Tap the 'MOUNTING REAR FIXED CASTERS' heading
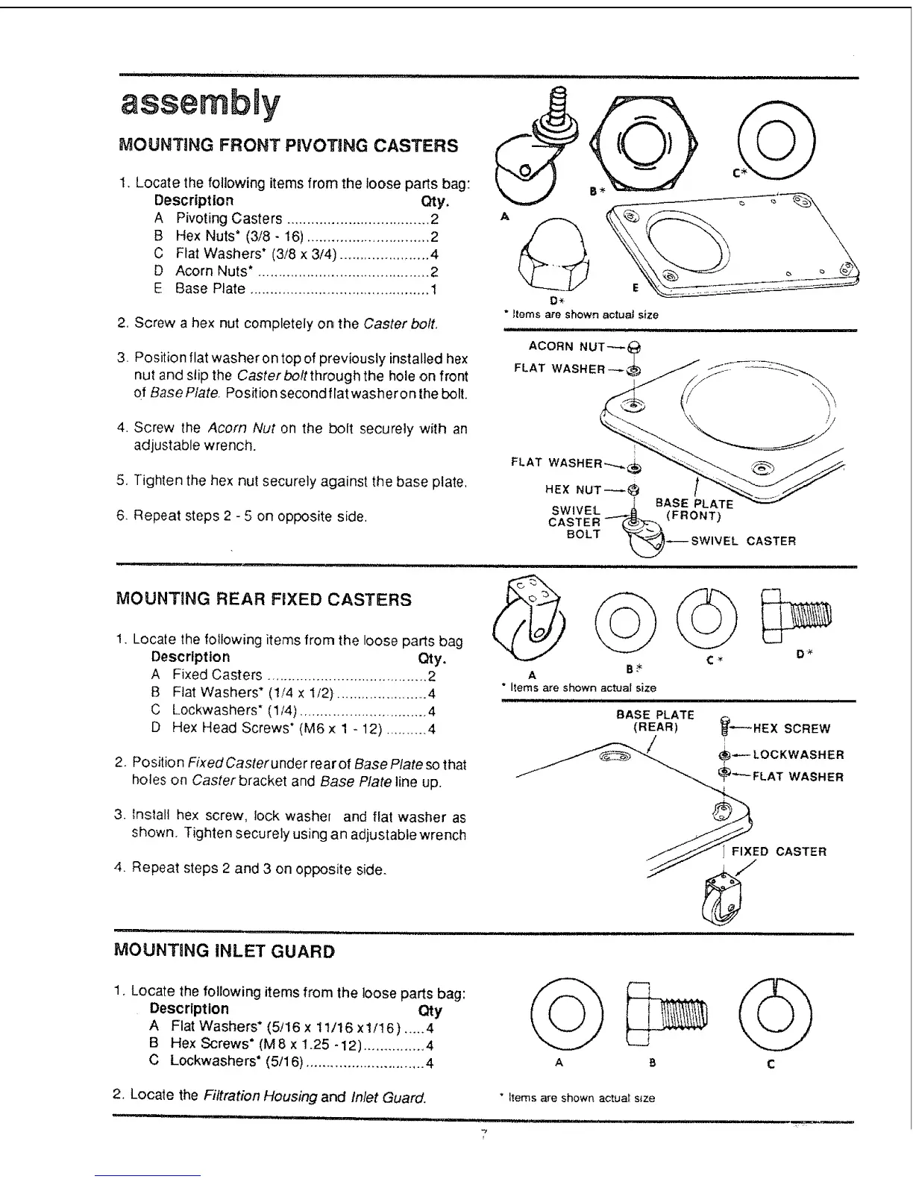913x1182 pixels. pos(264,599)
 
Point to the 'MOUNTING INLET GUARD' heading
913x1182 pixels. pos(225,951)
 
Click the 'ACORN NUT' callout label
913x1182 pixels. pos(566,346)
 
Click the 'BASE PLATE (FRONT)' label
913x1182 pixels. pos(694,509)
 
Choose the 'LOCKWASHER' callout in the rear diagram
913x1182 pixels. pos(798,754)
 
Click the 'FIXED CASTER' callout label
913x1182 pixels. pos(779,851)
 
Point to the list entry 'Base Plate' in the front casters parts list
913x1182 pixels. pos(210,289)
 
